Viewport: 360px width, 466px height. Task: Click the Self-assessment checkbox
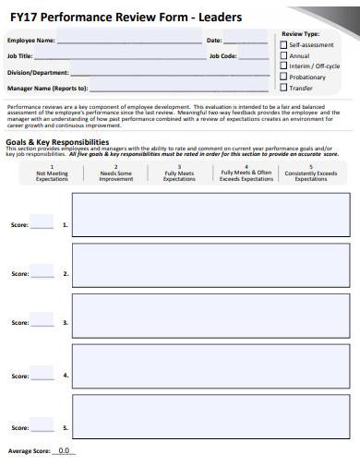click(x=284, y=44)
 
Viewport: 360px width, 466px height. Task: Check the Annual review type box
click(x=284, y=55)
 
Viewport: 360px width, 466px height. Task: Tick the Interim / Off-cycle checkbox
click(x=284, y=66)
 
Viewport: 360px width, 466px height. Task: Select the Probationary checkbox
click(x=284, y=78)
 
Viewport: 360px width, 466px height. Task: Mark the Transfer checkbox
click(x=284, y=89)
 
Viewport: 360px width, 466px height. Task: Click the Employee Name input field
click(x=129, y=41)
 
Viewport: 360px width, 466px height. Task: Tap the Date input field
click(x=246, y=41)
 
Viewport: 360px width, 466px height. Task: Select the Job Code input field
click(x=253, y=55)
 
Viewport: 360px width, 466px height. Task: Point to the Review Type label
click(x=299, y=33)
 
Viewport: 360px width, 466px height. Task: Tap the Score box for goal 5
click(x=42, y=426)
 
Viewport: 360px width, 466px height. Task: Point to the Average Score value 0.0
click(x=64, y=451)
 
